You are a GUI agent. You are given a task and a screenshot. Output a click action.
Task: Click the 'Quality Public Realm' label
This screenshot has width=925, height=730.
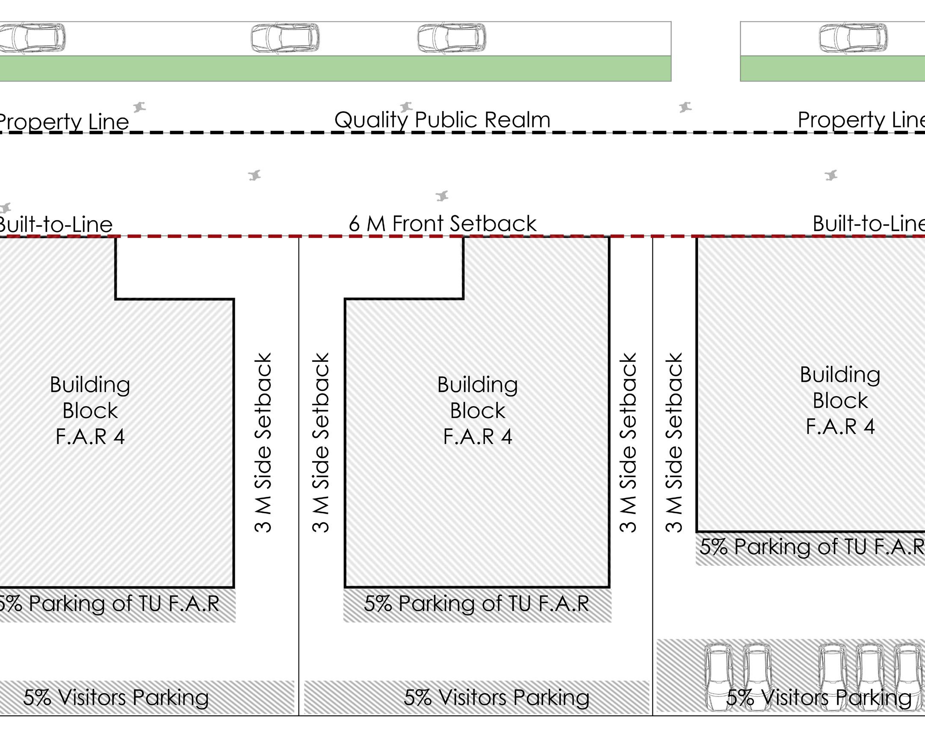pyautogui.click(x=442, y=120)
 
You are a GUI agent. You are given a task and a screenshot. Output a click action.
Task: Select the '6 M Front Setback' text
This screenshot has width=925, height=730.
pyautogui.click(x=443, y=224)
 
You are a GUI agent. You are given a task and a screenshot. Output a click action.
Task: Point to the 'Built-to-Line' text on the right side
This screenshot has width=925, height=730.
pyautogui.click(x=868, y=224)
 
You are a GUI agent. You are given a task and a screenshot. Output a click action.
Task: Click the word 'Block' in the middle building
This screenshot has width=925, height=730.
pyautogui.click(x=477, y=411)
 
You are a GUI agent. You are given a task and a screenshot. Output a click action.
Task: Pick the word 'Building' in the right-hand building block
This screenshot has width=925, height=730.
pyautogui.click(x=840, y=375)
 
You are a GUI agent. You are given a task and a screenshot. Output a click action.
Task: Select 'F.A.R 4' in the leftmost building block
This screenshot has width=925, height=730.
pyautogui.click(x=90, y=437)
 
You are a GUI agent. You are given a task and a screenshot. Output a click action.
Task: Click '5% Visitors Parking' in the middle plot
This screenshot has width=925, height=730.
pyautogui.click(x=496, y=697)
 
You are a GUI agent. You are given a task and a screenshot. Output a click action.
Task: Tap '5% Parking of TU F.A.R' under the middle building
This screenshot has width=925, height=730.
pyautogui.click(x=476, y=603)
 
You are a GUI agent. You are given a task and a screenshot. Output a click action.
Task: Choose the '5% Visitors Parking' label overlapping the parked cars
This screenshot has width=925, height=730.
pyautogui.click(x=819, y=697)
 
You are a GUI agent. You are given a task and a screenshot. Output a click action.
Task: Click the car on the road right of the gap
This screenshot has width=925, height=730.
pyautogui.click(x=853, y=38)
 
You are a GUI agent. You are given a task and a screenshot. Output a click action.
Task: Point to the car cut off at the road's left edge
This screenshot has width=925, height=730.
pyautogui.click(x=32, y=38)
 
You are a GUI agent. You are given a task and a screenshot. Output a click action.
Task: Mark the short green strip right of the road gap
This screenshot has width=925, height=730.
pyautogui.click(x=832, y=68)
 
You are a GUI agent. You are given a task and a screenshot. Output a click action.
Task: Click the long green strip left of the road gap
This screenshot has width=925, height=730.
pyautogui.click(x=335, y=68)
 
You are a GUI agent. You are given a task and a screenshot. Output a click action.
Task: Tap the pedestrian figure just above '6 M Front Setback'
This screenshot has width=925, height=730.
pyautogui.click(x=442, y=196)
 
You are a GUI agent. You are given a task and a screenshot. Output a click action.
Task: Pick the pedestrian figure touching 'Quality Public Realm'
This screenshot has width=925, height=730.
pyautogui.click(x=405, y=107)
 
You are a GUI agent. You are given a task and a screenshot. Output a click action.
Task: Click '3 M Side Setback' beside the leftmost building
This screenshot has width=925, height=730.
pyautogui.click(x=263, y=443)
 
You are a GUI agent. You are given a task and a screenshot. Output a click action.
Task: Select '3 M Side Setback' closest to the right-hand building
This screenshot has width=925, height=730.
pyautogui.click(x=674, y=443)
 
